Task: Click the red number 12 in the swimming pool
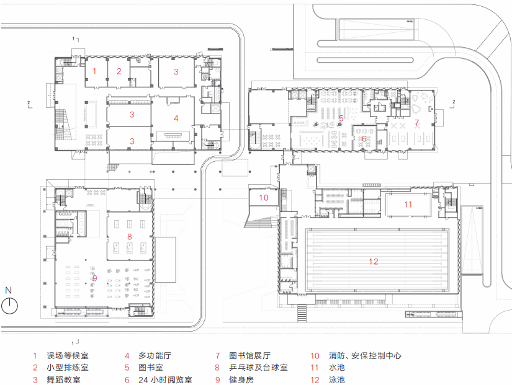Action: click(x=373, y=261)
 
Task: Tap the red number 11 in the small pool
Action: click(x=408, y=203)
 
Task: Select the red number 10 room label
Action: click(x=263, y=198)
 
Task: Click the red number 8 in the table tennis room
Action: click(x=129, y=236)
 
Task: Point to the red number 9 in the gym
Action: click(x=94, y=278)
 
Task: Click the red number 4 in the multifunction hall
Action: click(x=176, y=118)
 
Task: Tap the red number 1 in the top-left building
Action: click(x=94, y=71)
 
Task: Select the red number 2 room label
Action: click(x=119, y=71)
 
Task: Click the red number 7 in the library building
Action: click(x=416, y=122)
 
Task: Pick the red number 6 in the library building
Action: click(x=364, y=139)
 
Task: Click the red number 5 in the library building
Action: click(x=341, y=118)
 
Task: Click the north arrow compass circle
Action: click(x=9, y=305)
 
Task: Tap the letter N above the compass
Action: click(x=8, y=290)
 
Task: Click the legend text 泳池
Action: click(x=336, y=379)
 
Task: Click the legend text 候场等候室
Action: click(x=68, y=356)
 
